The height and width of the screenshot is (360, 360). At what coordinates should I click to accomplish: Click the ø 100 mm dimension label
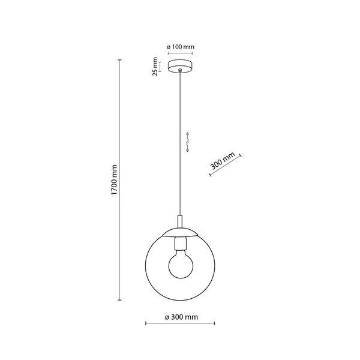(180, 47)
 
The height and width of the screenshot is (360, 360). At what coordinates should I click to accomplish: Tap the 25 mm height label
(155, 67)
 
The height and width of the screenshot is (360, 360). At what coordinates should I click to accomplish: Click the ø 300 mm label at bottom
(181, 316)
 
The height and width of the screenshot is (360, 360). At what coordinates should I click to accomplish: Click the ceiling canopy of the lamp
(180, 65)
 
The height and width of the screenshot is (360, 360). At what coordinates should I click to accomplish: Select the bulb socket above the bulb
(179, 244)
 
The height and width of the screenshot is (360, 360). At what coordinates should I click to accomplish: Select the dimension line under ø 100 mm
(180, 54)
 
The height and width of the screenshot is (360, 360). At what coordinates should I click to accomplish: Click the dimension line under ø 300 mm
(180, 324)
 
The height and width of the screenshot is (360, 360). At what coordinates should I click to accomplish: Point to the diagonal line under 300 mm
(226, 166)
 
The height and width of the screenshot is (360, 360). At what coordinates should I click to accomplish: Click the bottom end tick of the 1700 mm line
(121, 298)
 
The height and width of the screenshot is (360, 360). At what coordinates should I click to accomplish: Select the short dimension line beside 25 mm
(161, 66)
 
